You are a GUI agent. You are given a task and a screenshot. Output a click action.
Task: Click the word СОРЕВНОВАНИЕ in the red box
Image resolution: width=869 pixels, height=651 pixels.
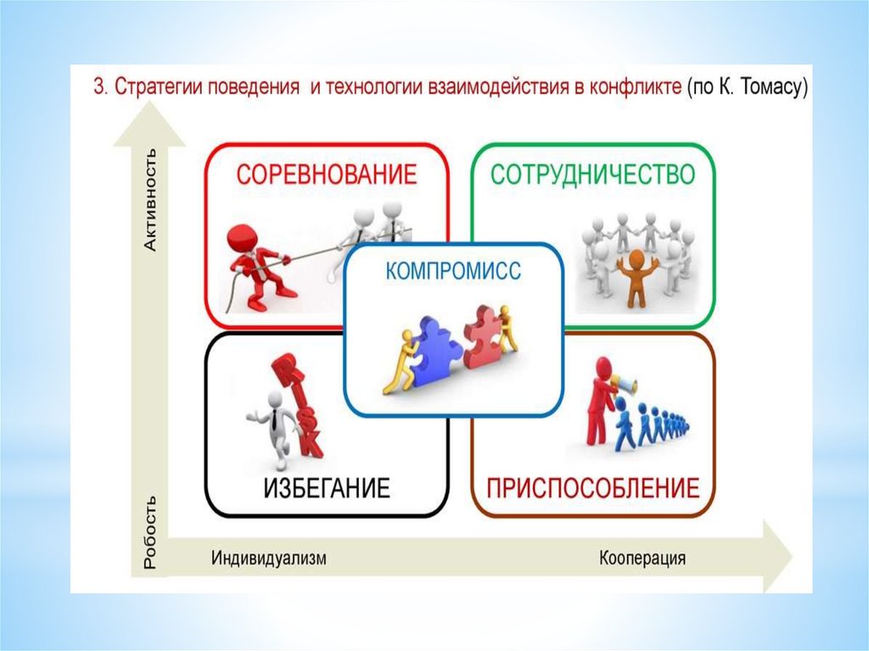[x=327, y=176]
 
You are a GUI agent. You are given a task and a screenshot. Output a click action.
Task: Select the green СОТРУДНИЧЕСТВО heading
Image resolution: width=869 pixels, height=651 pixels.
[x=593, y=175]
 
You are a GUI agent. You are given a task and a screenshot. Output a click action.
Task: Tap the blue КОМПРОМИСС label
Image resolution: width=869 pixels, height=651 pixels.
[x=453, y=272]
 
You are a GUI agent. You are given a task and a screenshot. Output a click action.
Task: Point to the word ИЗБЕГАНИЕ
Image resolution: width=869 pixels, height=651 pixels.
[x=326, y=488]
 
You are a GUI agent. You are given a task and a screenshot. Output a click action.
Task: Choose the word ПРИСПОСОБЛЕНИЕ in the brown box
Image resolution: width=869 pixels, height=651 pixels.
[x=592, y=488]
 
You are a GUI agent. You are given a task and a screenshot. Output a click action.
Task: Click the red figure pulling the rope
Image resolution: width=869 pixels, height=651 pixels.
[x=255, y=263]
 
